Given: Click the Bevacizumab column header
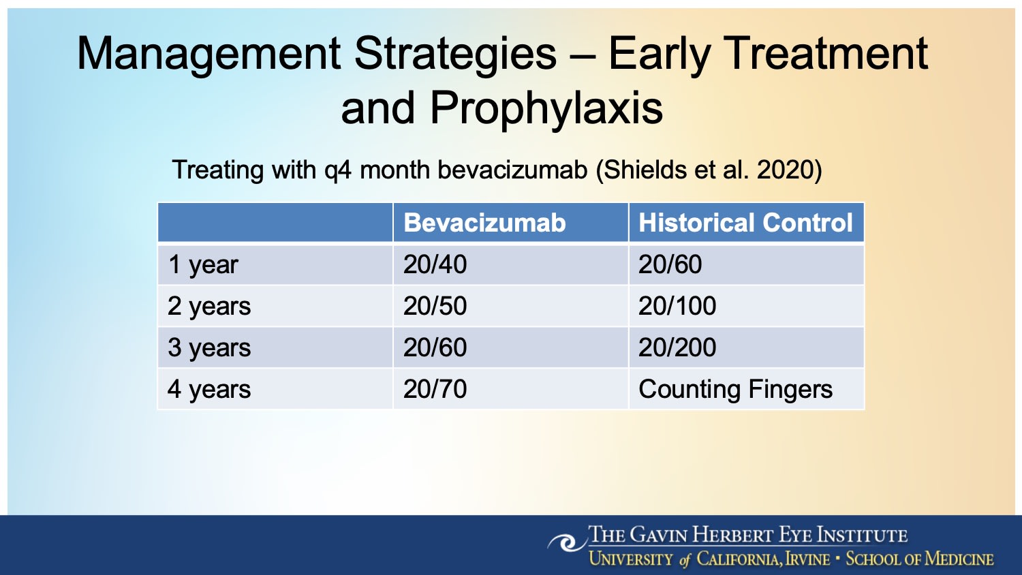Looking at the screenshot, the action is pyautogui.click(x=484, y=223).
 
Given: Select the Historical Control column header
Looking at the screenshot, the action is pyautogui.click(x=745, y=223).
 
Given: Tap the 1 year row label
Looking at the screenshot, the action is pyautogui.click(x=203, y=265).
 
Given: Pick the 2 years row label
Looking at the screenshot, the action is pyautogui.click(x=209, y=306).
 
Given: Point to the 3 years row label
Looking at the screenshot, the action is pyautogui.click(x=209, y=347).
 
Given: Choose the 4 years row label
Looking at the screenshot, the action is pyautogui.click(x=209, y=389).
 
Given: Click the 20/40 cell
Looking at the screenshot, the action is pyautogui.click(x=435, y=265).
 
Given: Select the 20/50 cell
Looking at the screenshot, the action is pyautogui.click(x=435, y=306).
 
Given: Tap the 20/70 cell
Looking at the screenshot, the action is pyautogui.click(x=435, y=389).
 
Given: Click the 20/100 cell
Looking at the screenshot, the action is pyautogui.click(x=677, y=306).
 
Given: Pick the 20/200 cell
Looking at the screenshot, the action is pyautogui.click(x=677, y=347).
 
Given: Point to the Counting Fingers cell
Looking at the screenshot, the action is pyautogui.click(x=735, y=390).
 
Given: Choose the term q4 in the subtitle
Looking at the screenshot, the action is pyautogui.click(x=338, y=172).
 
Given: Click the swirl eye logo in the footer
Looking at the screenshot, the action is pyautogui.click(x=567, y=542).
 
